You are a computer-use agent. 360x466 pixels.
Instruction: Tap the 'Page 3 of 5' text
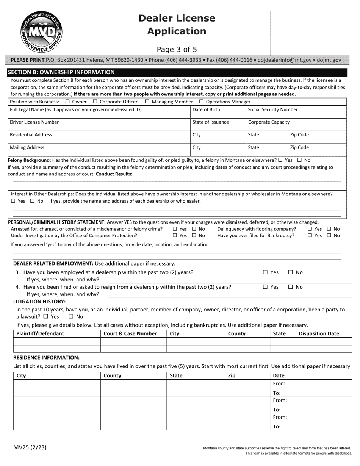[177, 49]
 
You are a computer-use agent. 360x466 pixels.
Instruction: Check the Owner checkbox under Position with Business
[67, 102]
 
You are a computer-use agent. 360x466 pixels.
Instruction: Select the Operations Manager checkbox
[201, 102]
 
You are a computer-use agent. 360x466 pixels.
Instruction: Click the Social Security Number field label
[272, 110]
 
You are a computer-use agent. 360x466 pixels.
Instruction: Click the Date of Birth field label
[206, 110]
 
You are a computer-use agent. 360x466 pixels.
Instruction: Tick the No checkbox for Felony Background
[300, 160]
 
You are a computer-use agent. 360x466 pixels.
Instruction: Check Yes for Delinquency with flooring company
[310, 229]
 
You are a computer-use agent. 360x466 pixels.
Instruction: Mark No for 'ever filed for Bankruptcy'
[329, 236]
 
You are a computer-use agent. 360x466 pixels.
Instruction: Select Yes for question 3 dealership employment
[265, 272]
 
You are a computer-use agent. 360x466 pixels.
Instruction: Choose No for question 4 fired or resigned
[291, 287]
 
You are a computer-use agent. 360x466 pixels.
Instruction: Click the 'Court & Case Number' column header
[130, 334]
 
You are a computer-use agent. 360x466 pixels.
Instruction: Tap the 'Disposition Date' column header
[319, 334]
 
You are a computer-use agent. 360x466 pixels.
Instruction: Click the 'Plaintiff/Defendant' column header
[40, 334]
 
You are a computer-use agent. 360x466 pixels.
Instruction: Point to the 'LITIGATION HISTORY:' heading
[39, 302]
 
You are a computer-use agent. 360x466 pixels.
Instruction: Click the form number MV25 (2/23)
[30, 447]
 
